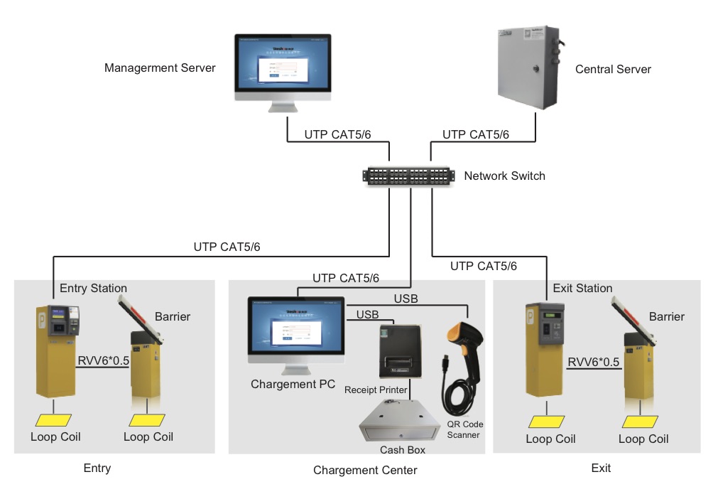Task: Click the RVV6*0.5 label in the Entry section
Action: [x=103, y=361]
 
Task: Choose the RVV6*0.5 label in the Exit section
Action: [x=594, y=363]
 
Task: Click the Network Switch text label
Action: [x=504, y=176]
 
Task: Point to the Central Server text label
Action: [x=613, y=70]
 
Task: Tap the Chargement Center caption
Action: [x=365, y=470]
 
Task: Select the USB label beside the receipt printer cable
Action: [x=367, y=314]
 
